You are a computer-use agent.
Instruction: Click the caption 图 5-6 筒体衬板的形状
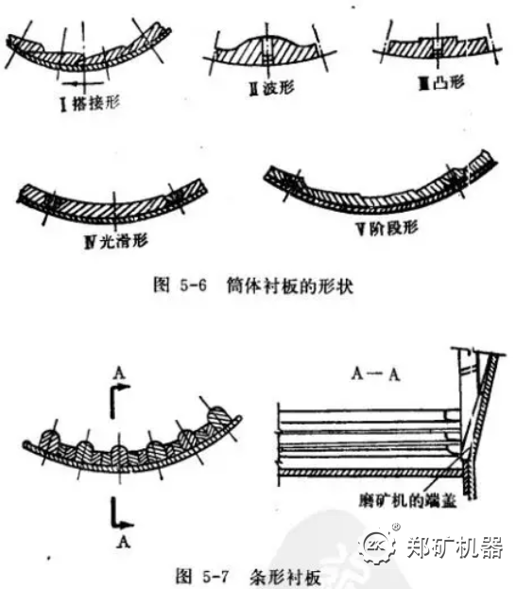pyautogui.click(x=252, y=285)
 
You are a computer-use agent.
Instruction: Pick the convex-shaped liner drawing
pyautogui.click(x=437, y=45)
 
